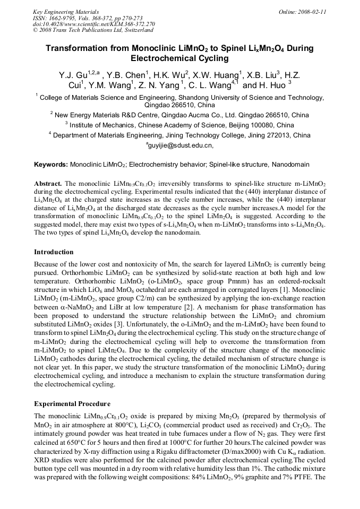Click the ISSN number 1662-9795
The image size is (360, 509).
pyautogui.click(x=64, y=18)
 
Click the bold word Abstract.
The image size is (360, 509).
pyautogui.click(x=48, y=183)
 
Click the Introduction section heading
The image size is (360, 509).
pyautogui.click(x=54, y=252)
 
